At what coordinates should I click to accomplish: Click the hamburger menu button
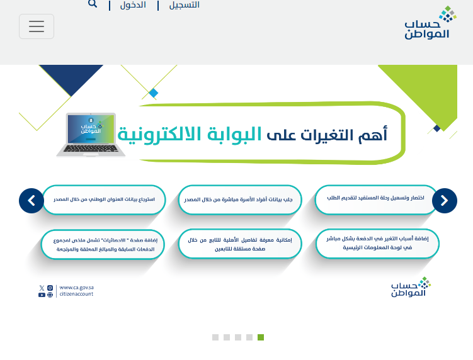pyautogui.click(x=37, y=26)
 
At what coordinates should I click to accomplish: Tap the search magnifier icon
pyautogui.click(x=93, y=4)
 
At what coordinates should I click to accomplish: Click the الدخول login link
pyautogui.click(x=133, y=5)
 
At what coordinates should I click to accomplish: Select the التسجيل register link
pyautogui.click(x=185, y=5)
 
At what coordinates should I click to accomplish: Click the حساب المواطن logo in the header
pyautogui.click(x=430, y=22)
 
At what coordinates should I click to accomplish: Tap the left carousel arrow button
pyautogui.click(x=31, y=201)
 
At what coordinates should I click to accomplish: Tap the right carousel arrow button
pyautogui.click(x=444, y=201)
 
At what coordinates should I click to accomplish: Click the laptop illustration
pyautogui.click(x=91, y=135)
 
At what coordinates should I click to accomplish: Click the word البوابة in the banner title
pyautogui.click(x=234, y=134)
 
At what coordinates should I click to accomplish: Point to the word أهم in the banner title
pyautogui.click(x=373, y=134)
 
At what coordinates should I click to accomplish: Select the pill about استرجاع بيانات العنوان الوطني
pyautogui.click(x=104, y=200)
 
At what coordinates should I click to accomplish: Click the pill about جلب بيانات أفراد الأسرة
pyautogui.click(x=240, y=200)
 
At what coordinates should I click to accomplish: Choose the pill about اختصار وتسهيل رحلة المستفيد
pyautogui.click(x=376, y=199)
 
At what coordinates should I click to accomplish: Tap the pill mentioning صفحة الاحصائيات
pyautogui.click(x=103, y=245)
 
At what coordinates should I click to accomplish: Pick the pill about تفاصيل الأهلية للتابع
pyautogui.click(x=240, y=244)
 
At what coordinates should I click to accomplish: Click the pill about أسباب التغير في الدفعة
pyautogui.click(x=377, y=244)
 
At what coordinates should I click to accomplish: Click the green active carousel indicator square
pyautogui.click(x=261, y=337)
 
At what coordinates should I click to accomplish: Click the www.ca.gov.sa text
pyautogui.click(x=77, y=288)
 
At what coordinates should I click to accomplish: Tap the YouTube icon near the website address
pyautogui.click(x=42, y=295)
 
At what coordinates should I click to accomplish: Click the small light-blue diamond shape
pyautogui.click(x=154, y=93)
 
